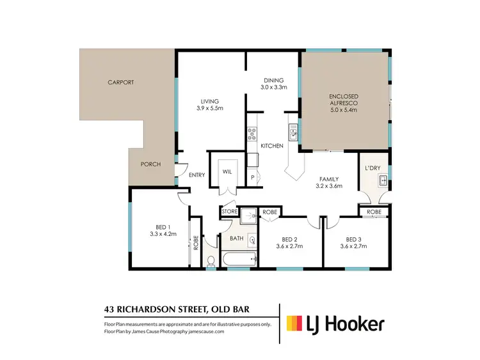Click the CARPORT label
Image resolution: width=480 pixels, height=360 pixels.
pos(120,82)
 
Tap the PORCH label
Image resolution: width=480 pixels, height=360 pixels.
pos(150,164)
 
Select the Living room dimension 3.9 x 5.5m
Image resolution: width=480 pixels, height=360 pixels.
pos(210,109)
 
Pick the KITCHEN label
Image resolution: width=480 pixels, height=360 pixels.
pos(272,146)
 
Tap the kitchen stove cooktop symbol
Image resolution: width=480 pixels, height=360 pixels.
pos(252,134)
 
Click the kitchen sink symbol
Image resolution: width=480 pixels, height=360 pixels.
pos(294,134)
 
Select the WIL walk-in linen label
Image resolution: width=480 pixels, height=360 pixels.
pos(227,171)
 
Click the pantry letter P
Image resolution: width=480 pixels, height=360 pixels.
pos(253,177)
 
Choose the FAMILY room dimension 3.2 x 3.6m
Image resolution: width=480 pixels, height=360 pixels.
pos(330,186)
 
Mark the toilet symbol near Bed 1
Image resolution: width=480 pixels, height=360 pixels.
pos(211,261)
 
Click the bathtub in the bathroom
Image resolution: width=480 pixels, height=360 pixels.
pos(239,259)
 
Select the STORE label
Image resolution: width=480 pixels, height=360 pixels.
pos(230,211)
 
